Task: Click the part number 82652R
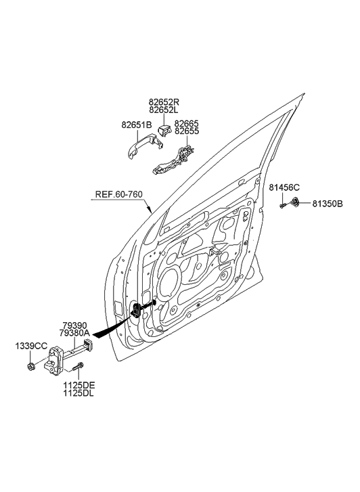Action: pyautogui.click(x=164, y=103)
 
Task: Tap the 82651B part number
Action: pyautogui.click(x=137, y=125)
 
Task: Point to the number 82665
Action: pyautogui.click(x=187, y=125)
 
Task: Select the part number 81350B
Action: pyautogui.click(x=328, y=202)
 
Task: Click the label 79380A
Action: pyautogui.click(x=74, y=334)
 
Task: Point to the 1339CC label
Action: pyautogui.click(x=31, y=346)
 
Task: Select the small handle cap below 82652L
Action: pyautogui.click(x=164, y=127)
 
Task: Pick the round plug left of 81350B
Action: pyautogui.click(x=296, y=202)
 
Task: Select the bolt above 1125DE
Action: pyautogui.click(x=79, y=370)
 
